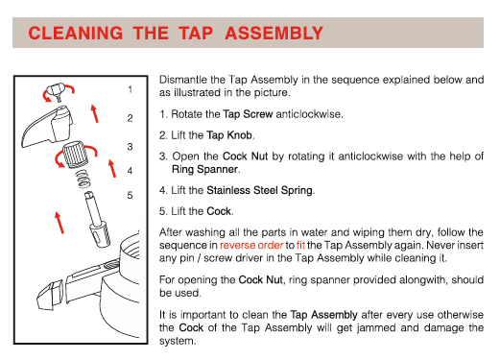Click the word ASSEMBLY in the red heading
pos(274,34)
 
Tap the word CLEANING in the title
pos(76,34)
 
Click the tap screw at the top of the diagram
pos(57,91)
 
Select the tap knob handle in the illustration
pos(47,128)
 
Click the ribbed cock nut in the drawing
pos(75,155)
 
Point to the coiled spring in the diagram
pos(83,179)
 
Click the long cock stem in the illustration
pos(98,219)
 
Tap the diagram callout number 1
pos(130,89)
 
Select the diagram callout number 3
pos(130,147)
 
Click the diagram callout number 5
pos(130,195)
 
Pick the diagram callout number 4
pos(130,171)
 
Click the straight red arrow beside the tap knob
pos(94,113)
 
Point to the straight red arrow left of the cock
pos(60,223)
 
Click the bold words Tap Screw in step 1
pos(248,114)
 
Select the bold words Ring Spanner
pos(205,169)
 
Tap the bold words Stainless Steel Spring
pos(259,190)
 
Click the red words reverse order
pos(251,245)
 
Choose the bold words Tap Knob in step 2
pos(229,135)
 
